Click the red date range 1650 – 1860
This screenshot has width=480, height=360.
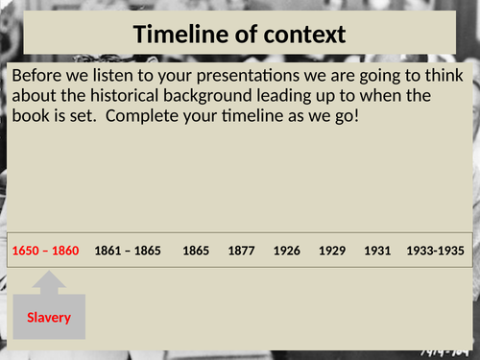(45, 251)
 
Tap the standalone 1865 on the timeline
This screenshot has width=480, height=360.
(195, 251)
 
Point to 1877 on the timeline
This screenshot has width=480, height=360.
(241, 251)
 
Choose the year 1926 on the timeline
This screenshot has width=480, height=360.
(286, 251)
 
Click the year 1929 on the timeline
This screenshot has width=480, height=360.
(332, 251)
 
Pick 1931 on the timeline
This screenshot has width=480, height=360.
(377, 251)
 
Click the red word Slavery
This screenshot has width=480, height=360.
(48, 317)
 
